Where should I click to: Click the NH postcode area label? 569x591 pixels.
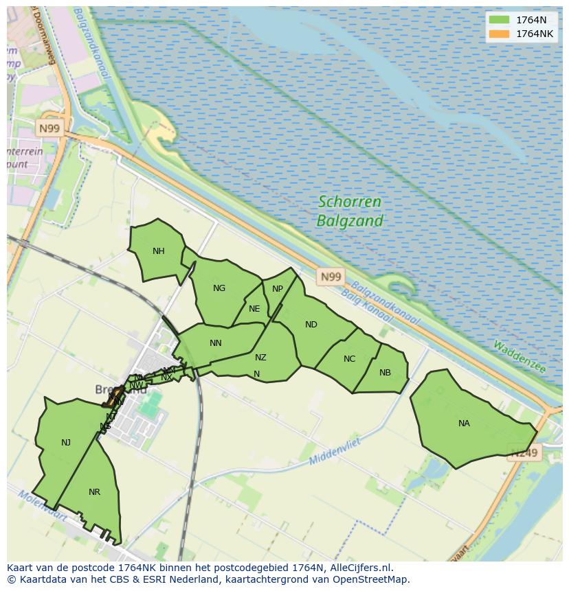159,251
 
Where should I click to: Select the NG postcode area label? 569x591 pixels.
219,288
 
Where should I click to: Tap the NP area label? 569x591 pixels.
278,289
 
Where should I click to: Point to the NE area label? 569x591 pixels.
254,309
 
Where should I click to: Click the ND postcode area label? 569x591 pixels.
311,325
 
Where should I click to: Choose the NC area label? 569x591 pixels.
350,359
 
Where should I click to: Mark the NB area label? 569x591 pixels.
385,373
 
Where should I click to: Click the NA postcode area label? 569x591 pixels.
464,424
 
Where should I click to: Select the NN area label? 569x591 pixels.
216,343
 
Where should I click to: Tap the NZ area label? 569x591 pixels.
260,358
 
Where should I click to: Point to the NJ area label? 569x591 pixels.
66,443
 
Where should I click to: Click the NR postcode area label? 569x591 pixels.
95,492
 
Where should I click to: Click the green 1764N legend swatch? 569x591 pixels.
500,20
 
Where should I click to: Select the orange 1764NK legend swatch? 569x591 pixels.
500,34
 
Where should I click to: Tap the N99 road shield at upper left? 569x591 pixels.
49,128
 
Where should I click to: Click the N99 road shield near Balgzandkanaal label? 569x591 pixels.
331,277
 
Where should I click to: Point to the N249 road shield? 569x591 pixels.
524,452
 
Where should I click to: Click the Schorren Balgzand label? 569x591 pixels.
349,211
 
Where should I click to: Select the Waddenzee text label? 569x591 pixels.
519,357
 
